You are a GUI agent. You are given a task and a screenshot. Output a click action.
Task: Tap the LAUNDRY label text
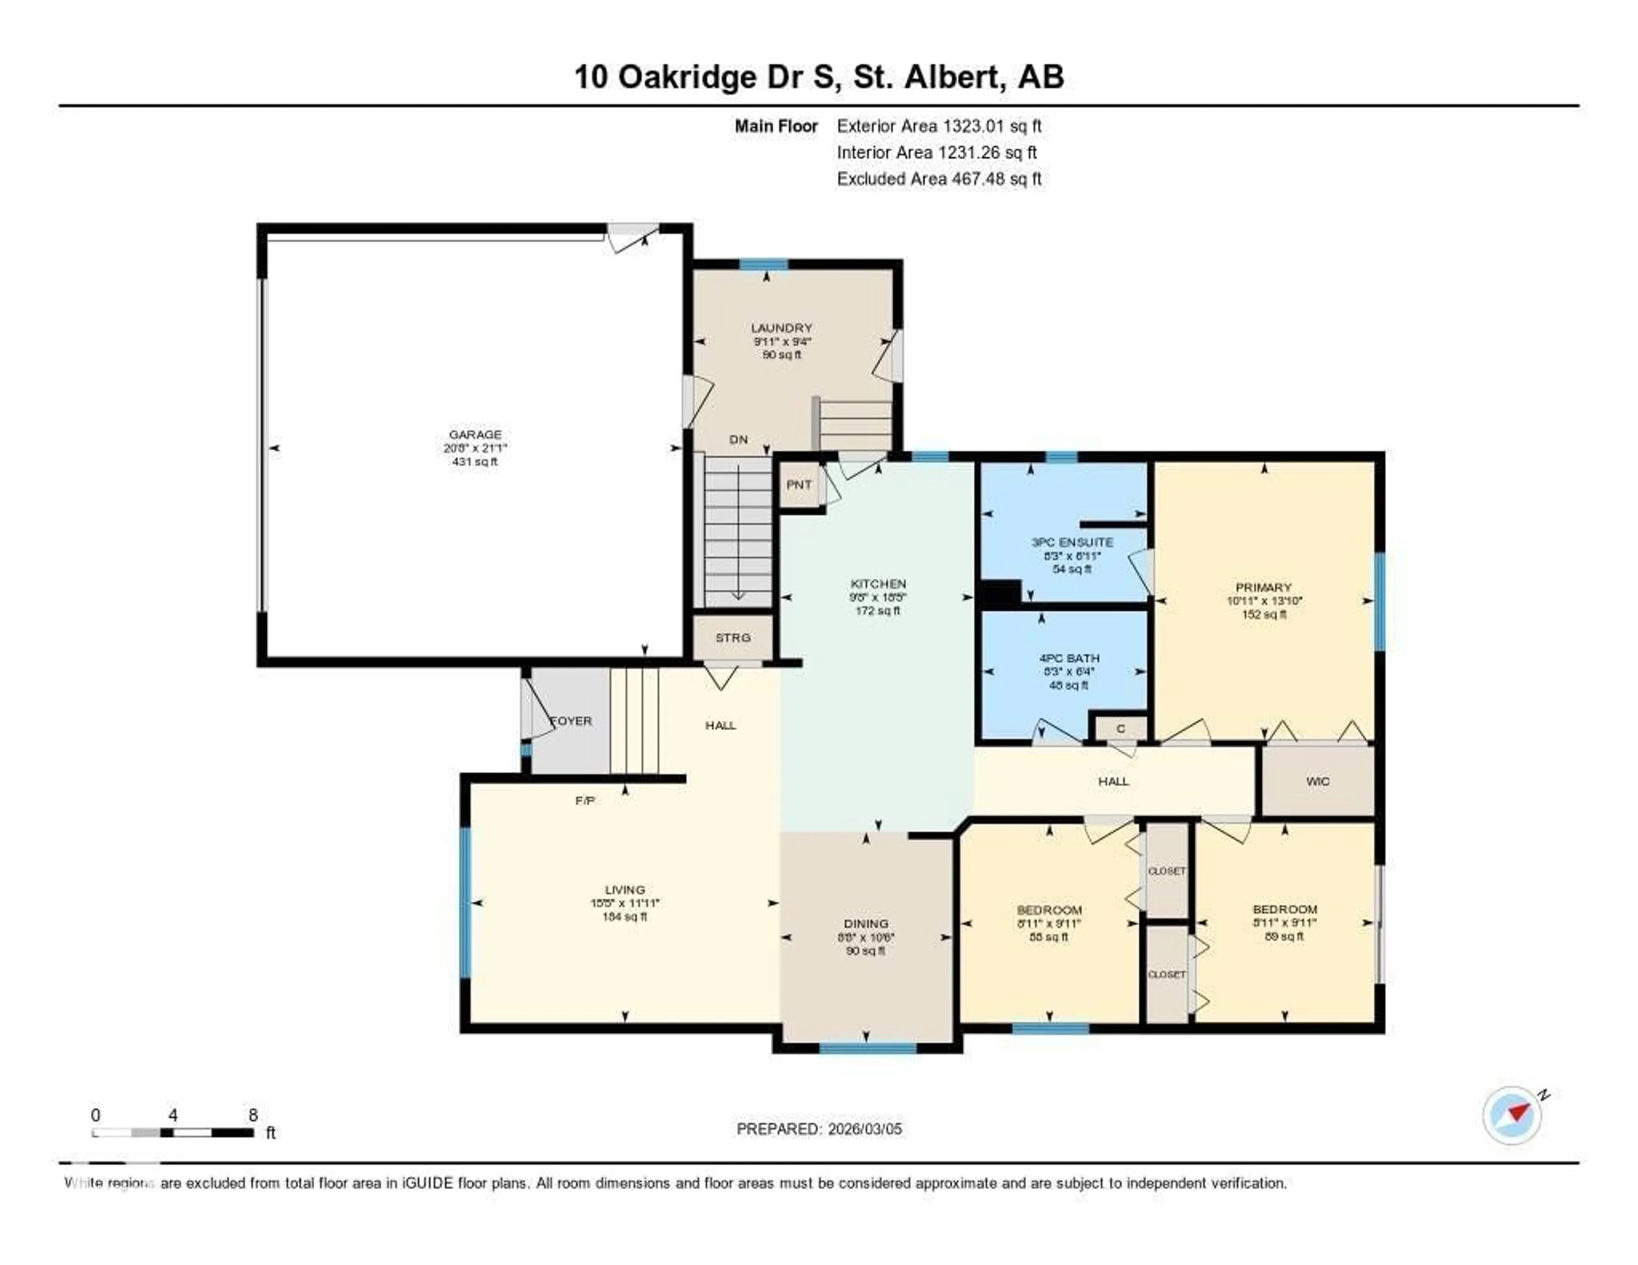(x=781, y=328)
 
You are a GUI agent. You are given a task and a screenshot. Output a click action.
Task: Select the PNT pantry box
(x=799, y=485)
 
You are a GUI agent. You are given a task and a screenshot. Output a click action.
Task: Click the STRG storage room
(x=732, y=637)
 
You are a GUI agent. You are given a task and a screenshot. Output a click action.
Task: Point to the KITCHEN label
(x=877, y=583)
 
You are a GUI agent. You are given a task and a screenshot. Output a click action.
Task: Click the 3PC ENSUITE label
(x=1072, y=542)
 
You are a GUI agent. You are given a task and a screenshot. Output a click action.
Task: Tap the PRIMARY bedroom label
(x=1264, y=587)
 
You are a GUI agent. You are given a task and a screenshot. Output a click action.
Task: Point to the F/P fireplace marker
(x=585, y=801)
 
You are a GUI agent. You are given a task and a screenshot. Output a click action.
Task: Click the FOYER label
(x=572, y=721)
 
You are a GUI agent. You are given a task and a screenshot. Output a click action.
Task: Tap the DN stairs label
(x=738, y=439)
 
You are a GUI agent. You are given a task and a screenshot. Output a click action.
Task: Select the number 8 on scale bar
(x=253, y=1115)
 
